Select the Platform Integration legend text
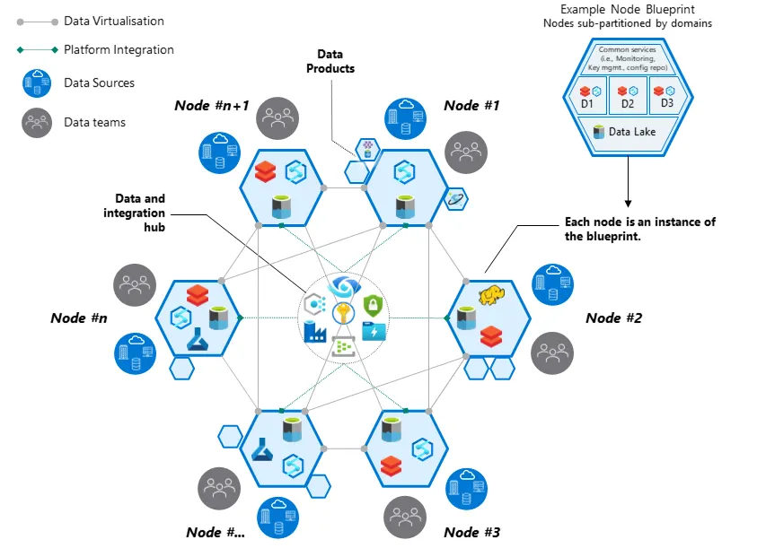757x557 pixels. tap(119, 50)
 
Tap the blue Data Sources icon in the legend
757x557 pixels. tap(37, 83)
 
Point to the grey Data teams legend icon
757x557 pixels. tap(37, 122)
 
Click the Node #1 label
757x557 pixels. tap(471, 106)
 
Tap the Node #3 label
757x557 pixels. tap(471, 533)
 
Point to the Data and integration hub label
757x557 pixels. tap(140, 213)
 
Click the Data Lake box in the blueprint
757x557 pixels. tap(627, 132)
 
